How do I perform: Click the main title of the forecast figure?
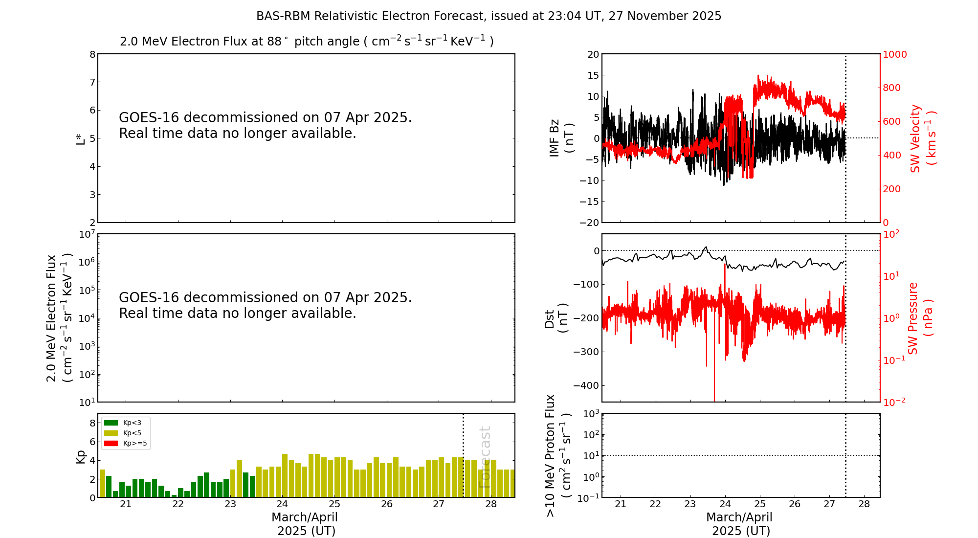(x=489, y=16)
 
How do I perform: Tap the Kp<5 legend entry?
(x=132, y=433)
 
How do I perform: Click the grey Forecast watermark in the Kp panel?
(x=484, y=457)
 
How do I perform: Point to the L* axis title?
(x=80, y=138)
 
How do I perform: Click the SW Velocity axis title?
(x=922, y=138)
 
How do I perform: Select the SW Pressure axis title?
(x=919, y=318)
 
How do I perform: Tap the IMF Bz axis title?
(x=561, y=138)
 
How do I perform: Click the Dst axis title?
(x=556, y=318)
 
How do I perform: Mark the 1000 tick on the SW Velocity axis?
(x=894, y=54)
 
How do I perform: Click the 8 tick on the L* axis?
(x=92, y=54)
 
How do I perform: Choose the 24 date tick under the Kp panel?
(x=282, y=504)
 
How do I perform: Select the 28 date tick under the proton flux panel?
(x=864, y=504)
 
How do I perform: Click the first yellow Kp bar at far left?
(x=102, y=483)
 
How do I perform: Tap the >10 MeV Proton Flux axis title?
(x=557, y=456)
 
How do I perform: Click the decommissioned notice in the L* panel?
(x=265, y=125)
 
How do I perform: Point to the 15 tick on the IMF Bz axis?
(x=593, y=75)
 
